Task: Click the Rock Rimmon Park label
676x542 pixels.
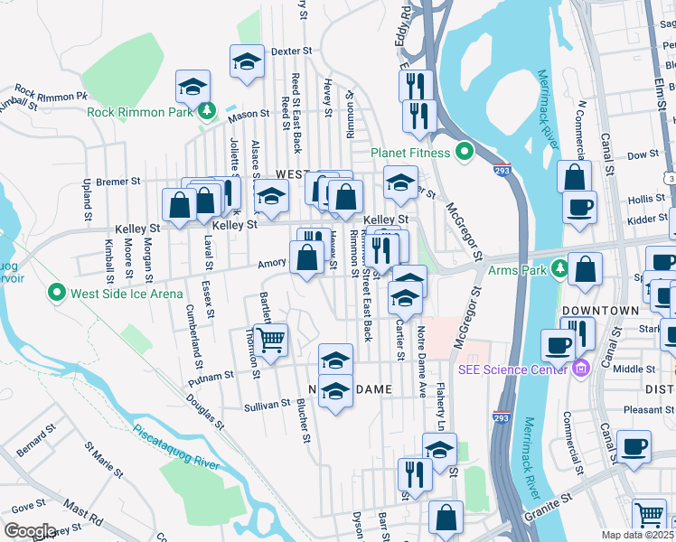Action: tap(139, 113)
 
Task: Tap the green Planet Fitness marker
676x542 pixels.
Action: tap(465, 151)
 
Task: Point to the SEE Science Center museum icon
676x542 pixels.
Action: tap(580, 368)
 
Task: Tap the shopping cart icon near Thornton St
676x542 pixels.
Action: tap(270, 340)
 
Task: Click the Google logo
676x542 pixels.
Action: tap(30, 530)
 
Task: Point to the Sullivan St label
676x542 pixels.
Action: tap(266, 407)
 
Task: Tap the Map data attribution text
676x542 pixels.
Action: tap(638, 535)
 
